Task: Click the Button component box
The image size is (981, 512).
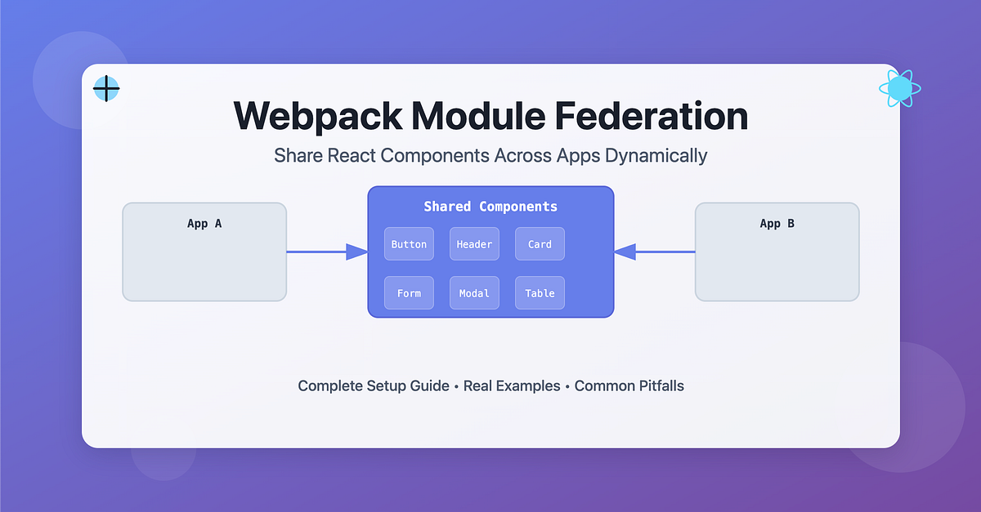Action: (409, 244)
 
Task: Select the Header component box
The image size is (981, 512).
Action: (474, 244)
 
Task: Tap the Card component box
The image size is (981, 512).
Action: (540, 244)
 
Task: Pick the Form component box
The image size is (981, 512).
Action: (409, 293)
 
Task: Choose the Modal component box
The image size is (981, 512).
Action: (474, 293)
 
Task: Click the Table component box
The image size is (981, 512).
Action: (540, 293)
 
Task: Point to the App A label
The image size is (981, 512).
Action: (204, 223)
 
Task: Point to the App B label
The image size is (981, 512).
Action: (777, 223)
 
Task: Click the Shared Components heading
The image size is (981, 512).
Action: (490, 206)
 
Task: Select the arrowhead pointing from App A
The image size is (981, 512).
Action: (357, 252)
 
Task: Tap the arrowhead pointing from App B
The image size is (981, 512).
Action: (625, 252)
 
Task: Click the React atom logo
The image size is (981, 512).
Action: (899, 88)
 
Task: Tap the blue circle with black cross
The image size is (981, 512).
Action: (106, 88)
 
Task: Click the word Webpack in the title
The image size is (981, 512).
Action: (317, 116)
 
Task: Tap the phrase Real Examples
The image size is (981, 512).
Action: (512, 385)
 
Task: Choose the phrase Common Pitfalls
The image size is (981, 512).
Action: (629, 385)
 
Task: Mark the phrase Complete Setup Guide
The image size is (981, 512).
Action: (373, 385)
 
